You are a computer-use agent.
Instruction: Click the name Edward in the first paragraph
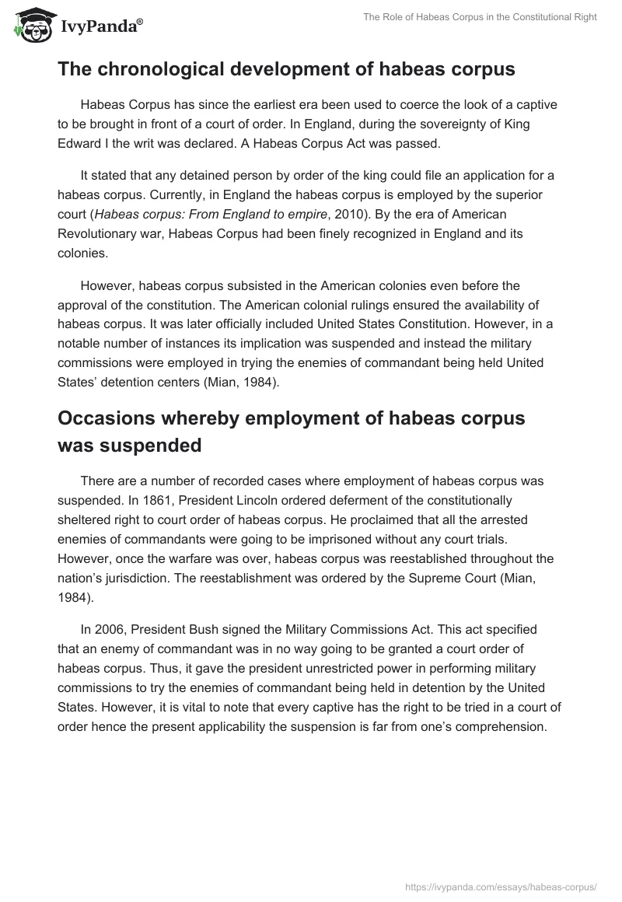coord(79,144)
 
